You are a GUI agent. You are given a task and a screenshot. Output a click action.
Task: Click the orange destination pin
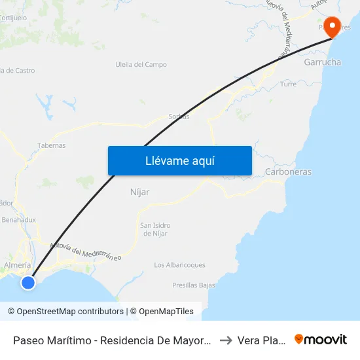[x=333, y=27]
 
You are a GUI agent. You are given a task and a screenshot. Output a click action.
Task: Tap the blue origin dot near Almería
[x=27, y=282]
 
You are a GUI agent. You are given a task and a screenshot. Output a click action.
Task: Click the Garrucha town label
[x=322, y=62]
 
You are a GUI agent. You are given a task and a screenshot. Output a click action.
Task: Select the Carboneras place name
[x=288, y=172]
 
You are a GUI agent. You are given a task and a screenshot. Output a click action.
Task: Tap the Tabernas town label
[x=52, y=146]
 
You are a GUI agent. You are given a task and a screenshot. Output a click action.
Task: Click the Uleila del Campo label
[x=141, y=65]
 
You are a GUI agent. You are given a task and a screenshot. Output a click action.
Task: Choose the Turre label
[x=288, y=84]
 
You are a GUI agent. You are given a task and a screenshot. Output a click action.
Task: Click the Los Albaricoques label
[x=179, y=265]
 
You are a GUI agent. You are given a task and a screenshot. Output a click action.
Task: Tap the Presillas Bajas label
[x=194, y=285]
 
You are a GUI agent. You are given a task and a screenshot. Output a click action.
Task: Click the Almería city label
[x=17, y=265]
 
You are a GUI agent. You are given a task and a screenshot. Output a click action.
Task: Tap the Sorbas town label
[x=179, y=117]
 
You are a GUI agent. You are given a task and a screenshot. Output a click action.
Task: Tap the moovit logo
[x=321, y=340]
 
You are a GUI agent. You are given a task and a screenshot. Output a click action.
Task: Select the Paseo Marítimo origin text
[x=111, y=340]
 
